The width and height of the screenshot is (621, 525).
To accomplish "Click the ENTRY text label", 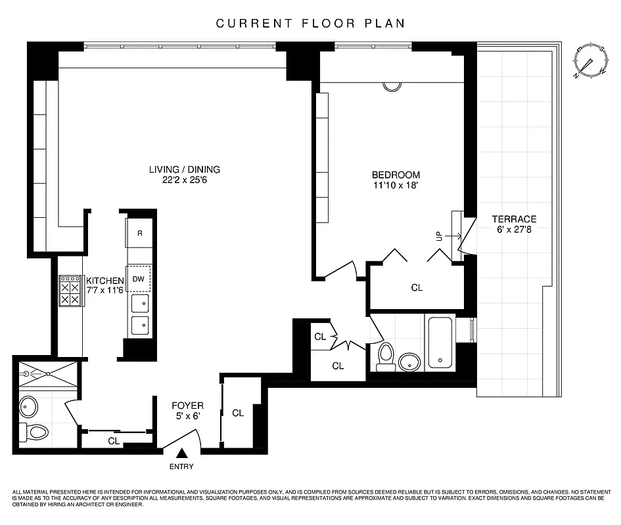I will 182,467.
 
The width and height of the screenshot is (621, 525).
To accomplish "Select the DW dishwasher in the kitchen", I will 139,278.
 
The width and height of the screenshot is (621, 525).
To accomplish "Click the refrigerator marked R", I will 139,233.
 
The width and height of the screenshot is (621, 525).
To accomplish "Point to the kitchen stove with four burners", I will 70,291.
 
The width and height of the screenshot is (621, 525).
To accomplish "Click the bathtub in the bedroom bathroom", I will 440,343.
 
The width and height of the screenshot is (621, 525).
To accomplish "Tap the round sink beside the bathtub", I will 411,361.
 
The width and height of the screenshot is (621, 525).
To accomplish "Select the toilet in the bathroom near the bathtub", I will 386,356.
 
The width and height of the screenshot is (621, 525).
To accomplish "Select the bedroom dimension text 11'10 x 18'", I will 396,186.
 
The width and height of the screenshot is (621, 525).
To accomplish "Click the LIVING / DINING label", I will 184,169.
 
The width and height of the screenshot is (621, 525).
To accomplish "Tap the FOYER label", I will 187,406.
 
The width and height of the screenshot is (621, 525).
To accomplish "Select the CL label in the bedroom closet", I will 417,287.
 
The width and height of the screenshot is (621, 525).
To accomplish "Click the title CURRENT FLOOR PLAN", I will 310,24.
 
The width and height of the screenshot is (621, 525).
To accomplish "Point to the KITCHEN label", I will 105,281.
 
